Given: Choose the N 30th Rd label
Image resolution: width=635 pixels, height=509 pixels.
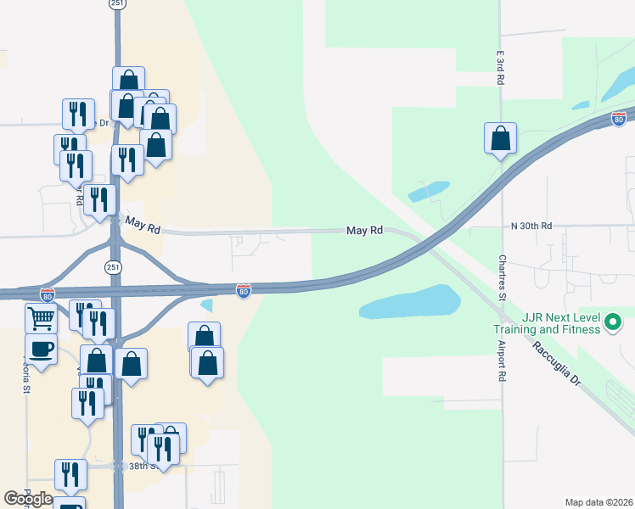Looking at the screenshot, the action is tap(531, 226).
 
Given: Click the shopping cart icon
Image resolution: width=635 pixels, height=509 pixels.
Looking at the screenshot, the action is tap(41, 319).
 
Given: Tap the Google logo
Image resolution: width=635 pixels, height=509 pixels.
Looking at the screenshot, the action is tap(28, 498).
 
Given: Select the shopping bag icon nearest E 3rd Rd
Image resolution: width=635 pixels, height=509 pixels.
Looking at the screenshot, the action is tap(500, 137).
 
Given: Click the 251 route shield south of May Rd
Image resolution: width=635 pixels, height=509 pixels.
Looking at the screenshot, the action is tap(114, 266).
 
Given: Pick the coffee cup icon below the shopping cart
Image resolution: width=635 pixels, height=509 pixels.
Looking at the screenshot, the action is tap(41, 348).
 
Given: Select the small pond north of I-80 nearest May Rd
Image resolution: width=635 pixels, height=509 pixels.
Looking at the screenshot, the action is tap(429, 191).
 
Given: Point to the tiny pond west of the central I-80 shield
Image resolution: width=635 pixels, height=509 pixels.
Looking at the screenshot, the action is tap(207, 305).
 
